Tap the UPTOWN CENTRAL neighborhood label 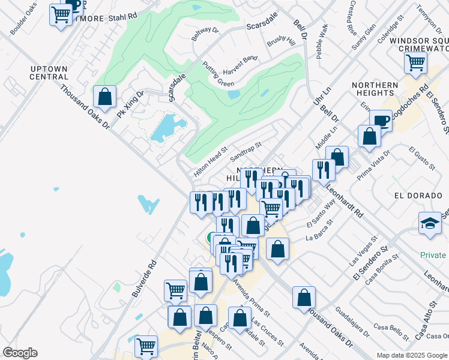point(49,73)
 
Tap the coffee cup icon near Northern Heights point(381,121)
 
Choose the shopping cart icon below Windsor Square point(415,62)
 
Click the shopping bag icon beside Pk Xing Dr point(105,97)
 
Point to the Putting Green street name point(218,74)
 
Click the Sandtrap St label point(246,152)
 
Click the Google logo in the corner point(20,353)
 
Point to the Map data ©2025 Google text point(412,355)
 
